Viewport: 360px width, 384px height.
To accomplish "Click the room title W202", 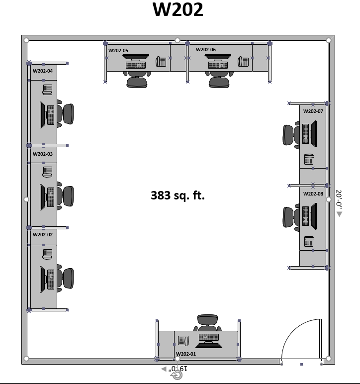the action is (x=178, y=9).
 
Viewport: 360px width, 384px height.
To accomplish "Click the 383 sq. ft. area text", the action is (x=178, y=195).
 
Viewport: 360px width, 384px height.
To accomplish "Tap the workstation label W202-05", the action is (x=118, y=50).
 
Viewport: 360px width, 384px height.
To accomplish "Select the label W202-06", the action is (x=206, y=49).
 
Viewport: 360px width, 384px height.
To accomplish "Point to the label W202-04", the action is (x=43, y=71).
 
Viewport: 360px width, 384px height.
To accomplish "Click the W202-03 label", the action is (x=43, y=154).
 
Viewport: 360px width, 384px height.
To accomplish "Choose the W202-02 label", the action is (x=43, y=234).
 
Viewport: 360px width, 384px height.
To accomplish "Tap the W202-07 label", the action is (x=313, y=111).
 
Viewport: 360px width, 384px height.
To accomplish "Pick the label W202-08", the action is (x=313, y=193).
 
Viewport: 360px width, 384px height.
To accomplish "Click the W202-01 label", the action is (x=186, y=354).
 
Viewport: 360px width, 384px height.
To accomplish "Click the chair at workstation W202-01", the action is (x=207, y=323).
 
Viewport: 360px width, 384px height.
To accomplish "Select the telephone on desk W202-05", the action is (x=161, y=61).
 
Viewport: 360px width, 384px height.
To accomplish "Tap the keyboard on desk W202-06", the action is (x=218, y=65).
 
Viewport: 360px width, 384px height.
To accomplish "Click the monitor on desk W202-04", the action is (x=43, y=114).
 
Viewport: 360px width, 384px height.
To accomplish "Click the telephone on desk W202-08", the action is (x=309, y=241).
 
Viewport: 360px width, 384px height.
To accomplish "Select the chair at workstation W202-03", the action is (x=65, y=196).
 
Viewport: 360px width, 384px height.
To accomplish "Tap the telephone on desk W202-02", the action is (x=47, y=254).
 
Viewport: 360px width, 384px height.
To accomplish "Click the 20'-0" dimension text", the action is (x=339, y=199).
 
